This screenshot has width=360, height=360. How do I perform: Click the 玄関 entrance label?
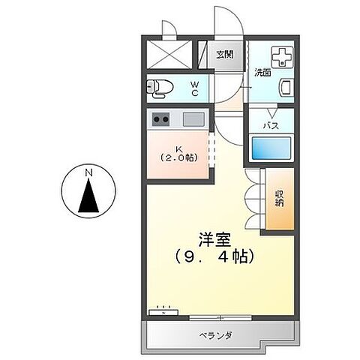pyautogui.click(x=225, y=54)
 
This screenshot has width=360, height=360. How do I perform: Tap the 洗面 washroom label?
pyautogui.click(x=262, y=73)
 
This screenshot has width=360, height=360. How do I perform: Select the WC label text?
pyautogui.click(x=193, y=88)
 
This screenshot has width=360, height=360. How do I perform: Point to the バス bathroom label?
pyautogui.click(x=270, y=125)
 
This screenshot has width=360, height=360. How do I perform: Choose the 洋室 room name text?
pyautogui.click(x=215, y=239)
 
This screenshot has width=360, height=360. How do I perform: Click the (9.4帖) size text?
pyautogui.click(x=215, y=257)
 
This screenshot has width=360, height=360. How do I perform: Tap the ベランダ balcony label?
pyautogui.click(x=214, y=334)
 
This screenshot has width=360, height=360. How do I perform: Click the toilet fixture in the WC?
pyautogui.click(x=160, y=88)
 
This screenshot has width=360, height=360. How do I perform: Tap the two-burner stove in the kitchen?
pyautogui.click(x=161, y=118)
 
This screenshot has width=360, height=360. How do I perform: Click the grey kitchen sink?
pyautogui.click(x=193, y=118)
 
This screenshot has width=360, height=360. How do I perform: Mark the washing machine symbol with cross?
pyautogui.click(x=282, y=57)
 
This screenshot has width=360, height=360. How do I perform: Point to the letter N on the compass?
pyautogui.click(x=88, y=175)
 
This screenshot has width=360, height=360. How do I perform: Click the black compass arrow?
pyautogui.click(x=88, y=199)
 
